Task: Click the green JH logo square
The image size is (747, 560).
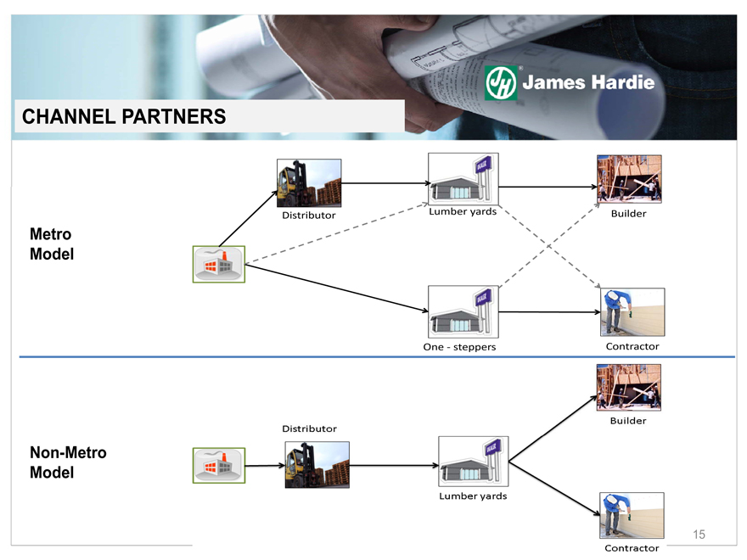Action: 501,83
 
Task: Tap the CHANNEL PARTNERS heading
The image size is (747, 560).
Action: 124,117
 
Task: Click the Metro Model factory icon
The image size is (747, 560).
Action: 219,264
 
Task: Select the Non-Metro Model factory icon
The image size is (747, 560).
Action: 219,466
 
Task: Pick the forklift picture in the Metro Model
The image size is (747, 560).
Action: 309,182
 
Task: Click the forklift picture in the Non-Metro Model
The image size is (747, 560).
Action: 317,464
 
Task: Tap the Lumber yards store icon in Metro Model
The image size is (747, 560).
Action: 463,179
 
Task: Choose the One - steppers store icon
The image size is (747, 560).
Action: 463,312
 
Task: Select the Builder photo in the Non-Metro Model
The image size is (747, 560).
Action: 629,387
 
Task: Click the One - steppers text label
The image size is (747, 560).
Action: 459,347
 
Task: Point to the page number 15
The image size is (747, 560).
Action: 699,534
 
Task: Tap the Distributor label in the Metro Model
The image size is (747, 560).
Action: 309,215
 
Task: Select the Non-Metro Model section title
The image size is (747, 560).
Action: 68,462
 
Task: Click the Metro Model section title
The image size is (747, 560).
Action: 50,244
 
